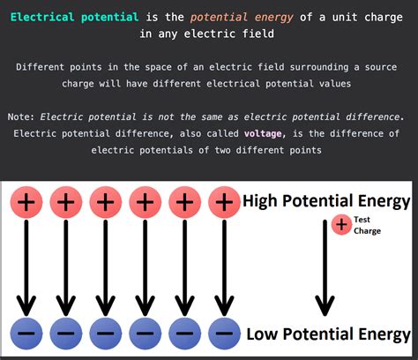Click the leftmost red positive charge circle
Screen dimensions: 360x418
[25, 202]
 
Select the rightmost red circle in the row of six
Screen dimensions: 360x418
[224, 202]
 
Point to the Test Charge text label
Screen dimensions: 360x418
[367, 225]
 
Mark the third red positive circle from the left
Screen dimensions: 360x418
[105, 202]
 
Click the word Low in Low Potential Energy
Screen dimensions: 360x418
[264, 334]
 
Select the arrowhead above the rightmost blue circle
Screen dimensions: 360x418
[224, 304]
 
